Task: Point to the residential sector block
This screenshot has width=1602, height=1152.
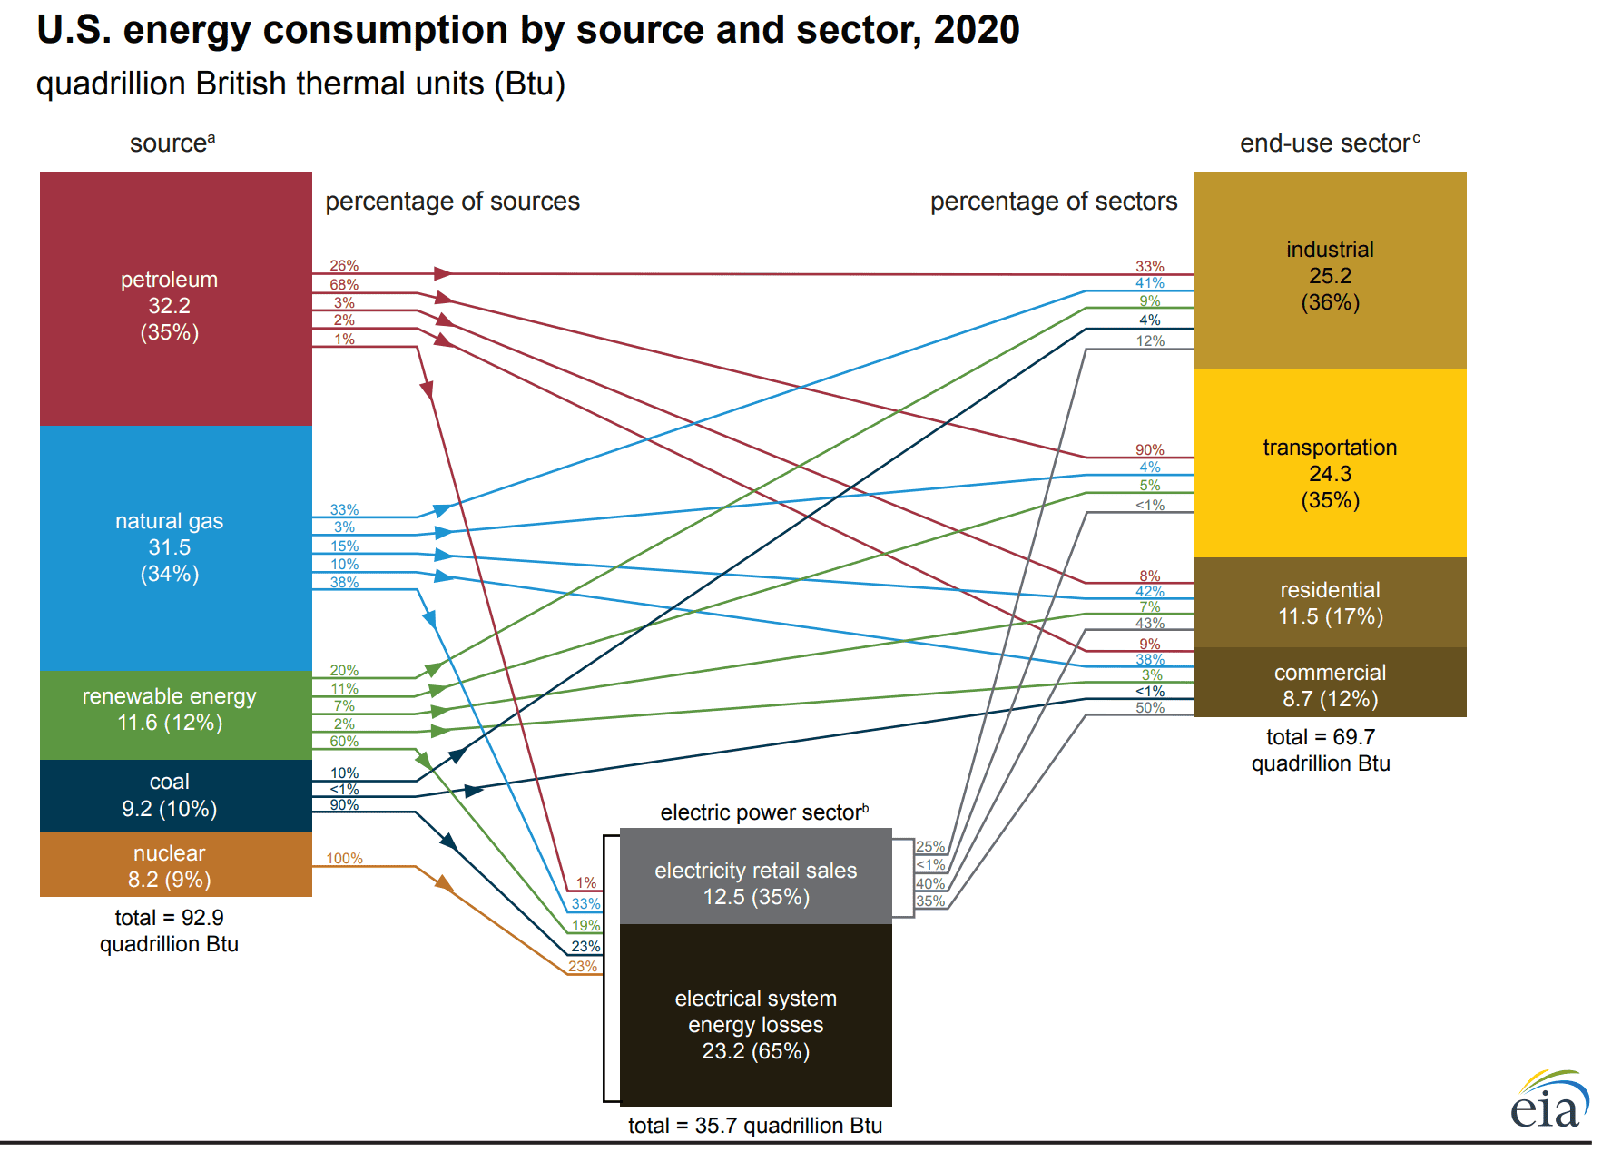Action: tap(1330, 603)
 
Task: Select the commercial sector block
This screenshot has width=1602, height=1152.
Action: tap(1330, 684)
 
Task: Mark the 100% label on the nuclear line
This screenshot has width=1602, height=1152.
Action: tap(344, 858)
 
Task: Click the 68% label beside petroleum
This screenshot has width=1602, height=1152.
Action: tap(344, 284)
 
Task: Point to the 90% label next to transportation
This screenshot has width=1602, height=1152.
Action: tap(1149, 449)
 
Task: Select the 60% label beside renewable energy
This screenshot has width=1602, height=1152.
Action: tap(344, 741)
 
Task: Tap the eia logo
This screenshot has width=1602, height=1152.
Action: tap(1549, 1100)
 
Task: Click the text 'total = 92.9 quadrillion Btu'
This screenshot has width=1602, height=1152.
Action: tap(170, 930)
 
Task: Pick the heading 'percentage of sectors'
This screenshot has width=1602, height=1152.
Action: tap(1053, 202)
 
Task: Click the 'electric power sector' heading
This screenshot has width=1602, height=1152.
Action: tap(763, 812)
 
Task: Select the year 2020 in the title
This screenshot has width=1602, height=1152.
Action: tap(977, 30)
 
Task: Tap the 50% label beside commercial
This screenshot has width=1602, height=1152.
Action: tap(1149, 707)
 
